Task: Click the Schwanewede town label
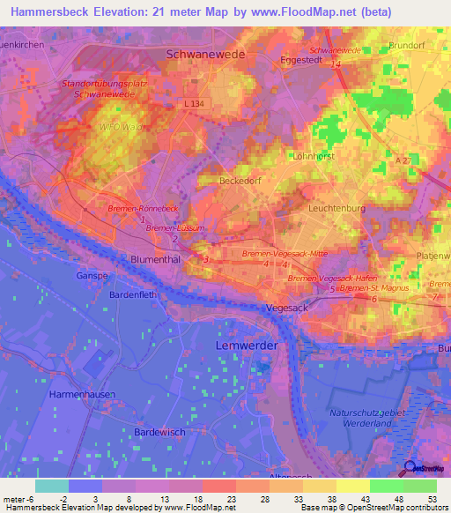coord(204,55)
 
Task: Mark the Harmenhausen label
coord(82,394)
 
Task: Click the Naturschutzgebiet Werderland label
coord(360,418)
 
